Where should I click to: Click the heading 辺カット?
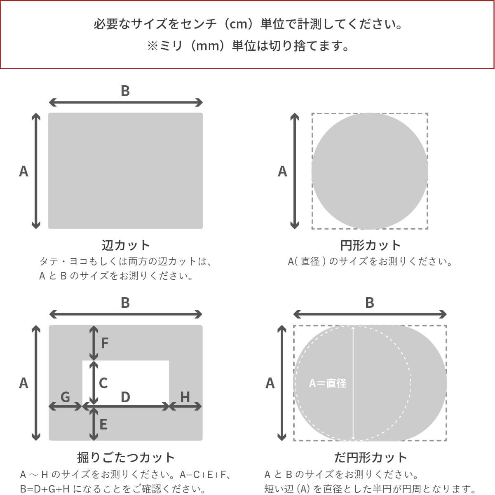(x=126, y=245)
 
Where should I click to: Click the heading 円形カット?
(x=370, y=245)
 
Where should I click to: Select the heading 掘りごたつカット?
(x=126, y=457)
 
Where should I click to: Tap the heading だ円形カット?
(x=370, y=457)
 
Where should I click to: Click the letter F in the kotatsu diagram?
(x=105, y=343)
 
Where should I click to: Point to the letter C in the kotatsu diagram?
(x=103, y=383)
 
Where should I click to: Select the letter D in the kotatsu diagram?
(x=125, y=397)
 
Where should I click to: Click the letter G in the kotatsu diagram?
(x=65, y=397)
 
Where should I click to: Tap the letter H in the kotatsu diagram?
(x=185, y=397)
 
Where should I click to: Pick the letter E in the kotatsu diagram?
(x=103, y=424)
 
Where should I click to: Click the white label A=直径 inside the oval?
(x=328, y=383)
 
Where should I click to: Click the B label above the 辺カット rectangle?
(x=125, y=91)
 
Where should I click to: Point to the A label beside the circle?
(x=282, y=171)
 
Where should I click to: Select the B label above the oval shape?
(x=370, y=303)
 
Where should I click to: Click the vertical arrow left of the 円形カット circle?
(x=294, y=171)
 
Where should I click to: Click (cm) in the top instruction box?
(x=241, y=24)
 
